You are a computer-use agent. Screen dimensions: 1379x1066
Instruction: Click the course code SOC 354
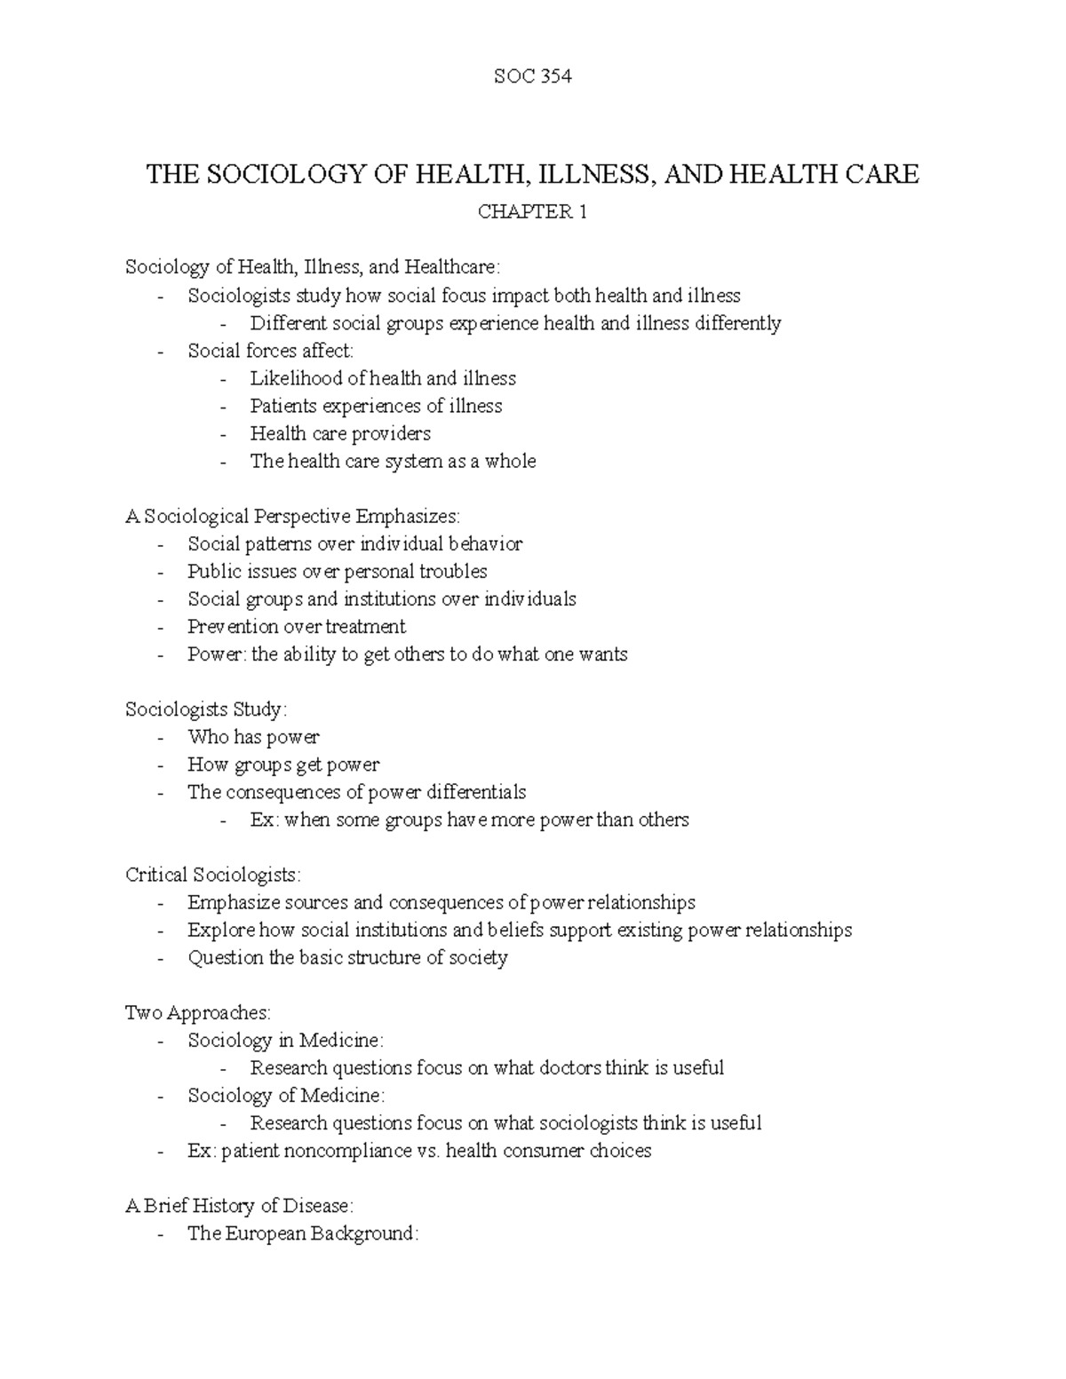click(x=532, y=76)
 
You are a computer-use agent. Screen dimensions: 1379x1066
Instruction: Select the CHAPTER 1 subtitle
click(x=532, y=211)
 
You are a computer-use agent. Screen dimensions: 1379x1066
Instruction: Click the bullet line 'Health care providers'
click(x=340, y=433)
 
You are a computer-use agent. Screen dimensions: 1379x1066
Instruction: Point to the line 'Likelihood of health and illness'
click(x=383, y=378)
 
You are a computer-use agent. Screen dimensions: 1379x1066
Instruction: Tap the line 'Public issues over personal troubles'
click(x=337, y=572)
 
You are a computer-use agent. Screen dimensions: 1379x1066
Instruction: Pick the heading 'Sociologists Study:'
click(x=206, y=709)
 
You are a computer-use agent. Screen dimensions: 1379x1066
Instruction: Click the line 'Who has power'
click(x=253, y=737)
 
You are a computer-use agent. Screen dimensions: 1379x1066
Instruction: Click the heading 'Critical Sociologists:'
click(x=213, y=875)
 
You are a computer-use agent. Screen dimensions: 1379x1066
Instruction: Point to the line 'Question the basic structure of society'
click(x=347, y=958)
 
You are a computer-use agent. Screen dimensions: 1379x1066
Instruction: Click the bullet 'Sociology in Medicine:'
click(x=285, y=1041)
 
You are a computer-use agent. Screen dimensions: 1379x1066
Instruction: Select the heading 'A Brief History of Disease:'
click(x=239, y=1206)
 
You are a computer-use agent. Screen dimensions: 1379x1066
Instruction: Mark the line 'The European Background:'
click(x=302, y=1233)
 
